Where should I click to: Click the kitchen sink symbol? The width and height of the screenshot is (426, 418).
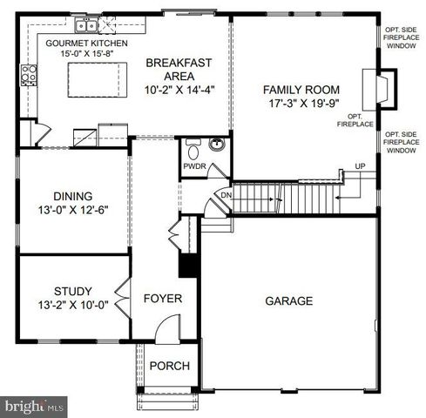click(86, 24)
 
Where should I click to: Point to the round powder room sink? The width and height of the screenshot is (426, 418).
click(217, 145)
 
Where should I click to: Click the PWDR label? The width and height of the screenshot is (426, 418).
click(193, 165)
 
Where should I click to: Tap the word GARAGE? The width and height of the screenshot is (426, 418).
click(288, 301)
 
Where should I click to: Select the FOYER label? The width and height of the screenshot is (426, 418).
click(163, 299)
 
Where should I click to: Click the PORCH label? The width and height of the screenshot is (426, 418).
click(169, 366)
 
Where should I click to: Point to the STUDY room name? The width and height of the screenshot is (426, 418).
click(72, 291)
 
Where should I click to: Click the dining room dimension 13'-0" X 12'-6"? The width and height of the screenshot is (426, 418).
click(72, 210)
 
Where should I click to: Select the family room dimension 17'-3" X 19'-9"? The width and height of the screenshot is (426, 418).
click(301, 103)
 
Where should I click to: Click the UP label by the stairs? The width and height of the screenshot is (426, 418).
click(360, 166)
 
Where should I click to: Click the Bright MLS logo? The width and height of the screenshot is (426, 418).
click(35, 406)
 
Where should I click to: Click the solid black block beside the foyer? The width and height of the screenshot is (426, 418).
click(186, 264)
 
